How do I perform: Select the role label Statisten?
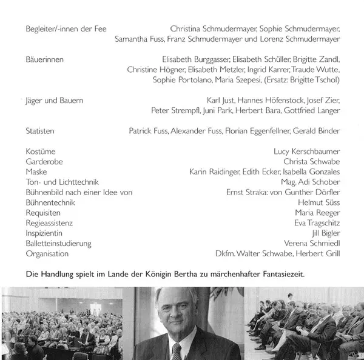click(40, 131)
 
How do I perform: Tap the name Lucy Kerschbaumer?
click(307, 152)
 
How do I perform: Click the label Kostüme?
click(40, 152)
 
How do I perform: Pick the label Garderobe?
click(44, 162)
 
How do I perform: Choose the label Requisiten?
click(44, 213)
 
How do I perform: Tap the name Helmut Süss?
click(319, 202)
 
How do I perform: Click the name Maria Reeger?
click(317, 213)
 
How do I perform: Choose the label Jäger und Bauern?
click(55, 100)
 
